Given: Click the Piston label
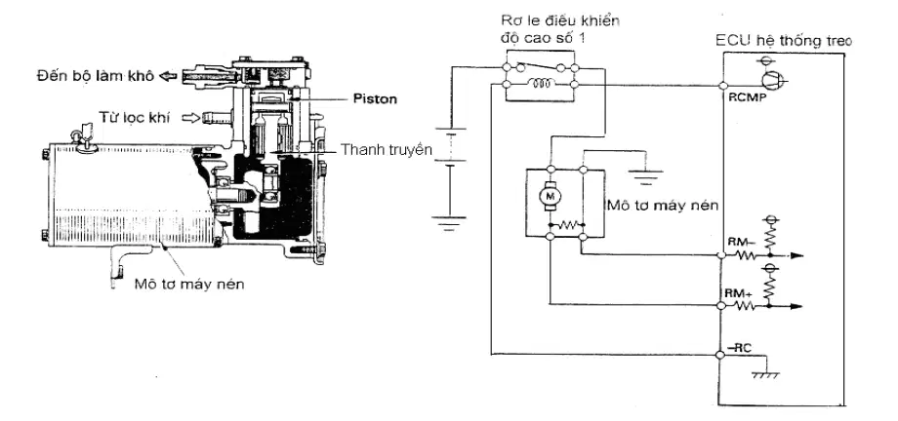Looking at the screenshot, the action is click(375, 99).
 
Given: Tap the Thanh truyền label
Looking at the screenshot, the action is click(386, 150).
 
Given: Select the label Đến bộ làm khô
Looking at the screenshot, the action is click(96, 75).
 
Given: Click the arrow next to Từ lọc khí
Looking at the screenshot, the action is click(190, 118).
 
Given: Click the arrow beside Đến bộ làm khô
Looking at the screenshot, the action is click(168, 75).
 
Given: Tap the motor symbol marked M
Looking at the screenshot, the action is click(550, 196).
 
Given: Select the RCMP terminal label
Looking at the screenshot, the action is click(742, 97).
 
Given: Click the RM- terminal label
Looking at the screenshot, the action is click(740, 242).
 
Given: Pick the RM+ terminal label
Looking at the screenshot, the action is click(739, 293).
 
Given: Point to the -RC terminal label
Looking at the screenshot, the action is click(738, 345).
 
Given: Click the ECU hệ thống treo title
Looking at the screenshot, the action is click(784, 41).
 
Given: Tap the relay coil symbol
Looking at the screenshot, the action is click(542, 85).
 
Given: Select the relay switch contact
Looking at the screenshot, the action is click(539, 66).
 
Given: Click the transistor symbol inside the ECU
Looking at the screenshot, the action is click(770, 81).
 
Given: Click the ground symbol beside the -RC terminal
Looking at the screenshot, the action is click(764, 374).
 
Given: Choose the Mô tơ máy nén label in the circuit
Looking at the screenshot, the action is click(663, 206).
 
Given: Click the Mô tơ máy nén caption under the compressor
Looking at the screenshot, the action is click(189, 284).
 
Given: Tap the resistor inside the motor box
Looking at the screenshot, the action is click(566, 224).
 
